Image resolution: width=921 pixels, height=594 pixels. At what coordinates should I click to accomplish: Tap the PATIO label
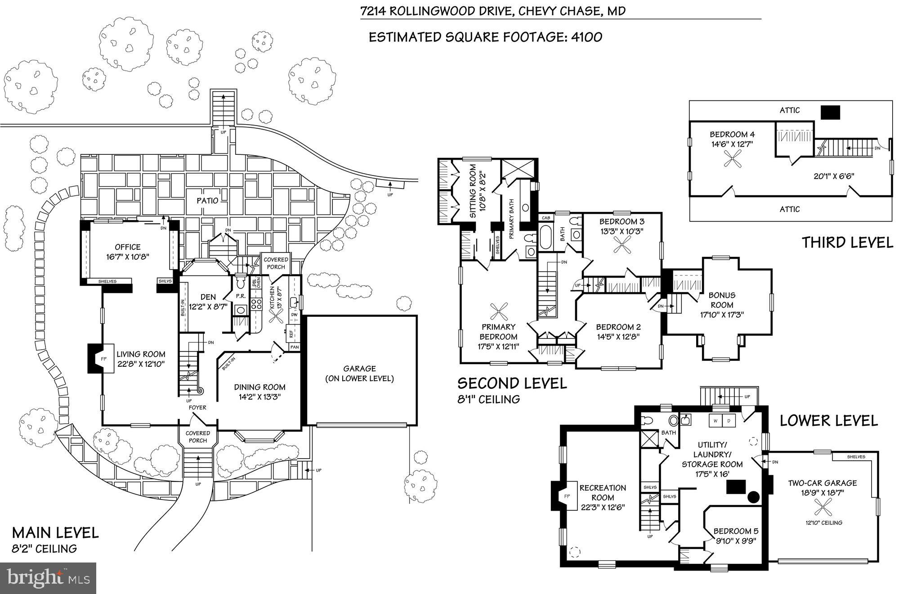(x=207, y=200)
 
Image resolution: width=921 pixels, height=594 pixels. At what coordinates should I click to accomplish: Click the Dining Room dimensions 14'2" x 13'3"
(x=259, y=397)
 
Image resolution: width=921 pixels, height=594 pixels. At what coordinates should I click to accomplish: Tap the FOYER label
(x=197, y=407)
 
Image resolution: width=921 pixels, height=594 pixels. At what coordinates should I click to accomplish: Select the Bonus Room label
(x=722, y=300)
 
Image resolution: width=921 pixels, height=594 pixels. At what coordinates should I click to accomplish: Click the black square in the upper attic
(x=830, y=112)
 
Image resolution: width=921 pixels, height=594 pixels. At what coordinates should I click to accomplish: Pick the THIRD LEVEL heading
(x=848, y=243)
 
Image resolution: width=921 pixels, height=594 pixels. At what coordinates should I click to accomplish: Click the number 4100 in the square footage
(x=586, y=37)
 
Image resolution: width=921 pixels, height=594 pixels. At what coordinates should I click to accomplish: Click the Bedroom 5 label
(x=733, y=531)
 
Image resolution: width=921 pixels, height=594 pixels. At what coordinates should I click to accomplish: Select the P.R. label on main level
(x=240, y=297)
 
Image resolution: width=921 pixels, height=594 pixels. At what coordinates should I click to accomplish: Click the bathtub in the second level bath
(x=545, y=238)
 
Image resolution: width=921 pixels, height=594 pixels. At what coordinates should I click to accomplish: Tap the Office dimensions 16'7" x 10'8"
(x=128, y=256)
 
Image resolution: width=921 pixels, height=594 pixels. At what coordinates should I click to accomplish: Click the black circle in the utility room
(x=753, y=497)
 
